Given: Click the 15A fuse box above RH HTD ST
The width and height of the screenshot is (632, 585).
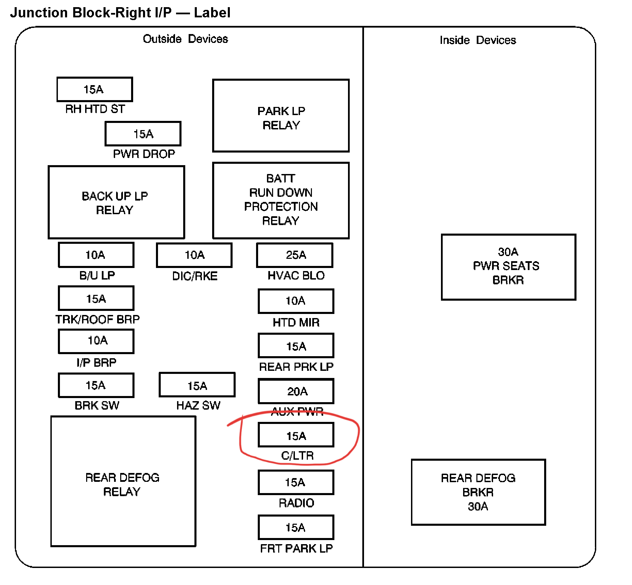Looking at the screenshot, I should pos(94,89).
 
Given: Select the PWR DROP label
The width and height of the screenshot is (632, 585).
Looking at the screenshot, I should pos(144,154).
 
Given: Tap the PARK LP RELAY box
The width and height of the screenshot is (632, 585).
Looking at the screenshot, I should pos(281,116).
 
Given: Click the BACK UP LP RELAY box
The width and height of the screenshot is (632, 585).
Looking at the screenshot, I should pos(116,202).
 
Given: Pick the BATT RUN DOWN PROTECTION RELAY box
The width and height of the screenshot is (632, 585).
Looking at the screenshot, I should pos(281,200).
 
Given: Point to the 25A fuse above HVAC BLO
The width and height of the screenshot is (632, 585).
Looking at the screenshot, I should pos(295,255).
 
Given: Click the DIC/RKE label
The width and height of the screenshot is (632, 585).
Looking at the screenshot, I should pos(194,276).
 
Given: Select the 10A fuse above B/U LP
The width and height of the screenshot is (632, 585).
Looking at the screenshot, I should pos(96,255).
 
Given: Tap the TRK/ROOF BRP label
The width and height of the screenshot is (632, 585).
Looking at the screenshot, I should pos(97,319).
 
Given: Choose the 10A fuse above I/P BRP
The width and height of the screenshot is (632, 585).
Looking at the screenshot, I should pos(96,341).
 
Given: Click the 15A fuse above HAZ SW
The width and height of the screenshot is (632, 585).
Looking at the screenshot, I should pos(197,385).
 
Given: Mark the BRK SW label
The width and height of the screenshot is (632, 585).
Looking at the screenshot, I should pos(97,405).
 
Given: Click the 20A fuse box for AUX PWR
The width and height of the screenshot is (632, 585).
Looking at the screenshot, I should pos(296,391).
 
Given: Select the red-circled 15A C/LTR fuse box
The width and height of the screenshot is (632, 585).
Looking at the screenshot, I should pos(296,435).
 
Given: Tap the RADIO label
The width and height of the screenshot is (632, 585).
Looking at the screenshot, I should pos(296,503).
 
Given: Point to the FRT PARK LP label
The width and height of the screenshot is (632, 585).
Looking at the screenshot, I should pos(296,548).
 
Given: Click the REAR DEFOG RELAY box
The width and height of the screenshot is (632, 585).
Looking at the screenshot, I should pos(123,481).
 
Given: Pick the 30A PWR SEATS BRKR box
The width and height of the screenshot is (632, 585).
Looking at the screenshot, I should pos(508,267).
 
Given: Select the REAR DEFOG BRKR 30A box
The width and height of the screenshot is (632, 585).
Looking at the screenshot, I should pos(478,492).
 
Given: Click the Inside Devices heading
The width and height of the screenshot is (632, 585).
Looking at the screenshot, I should pos(477,40).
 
